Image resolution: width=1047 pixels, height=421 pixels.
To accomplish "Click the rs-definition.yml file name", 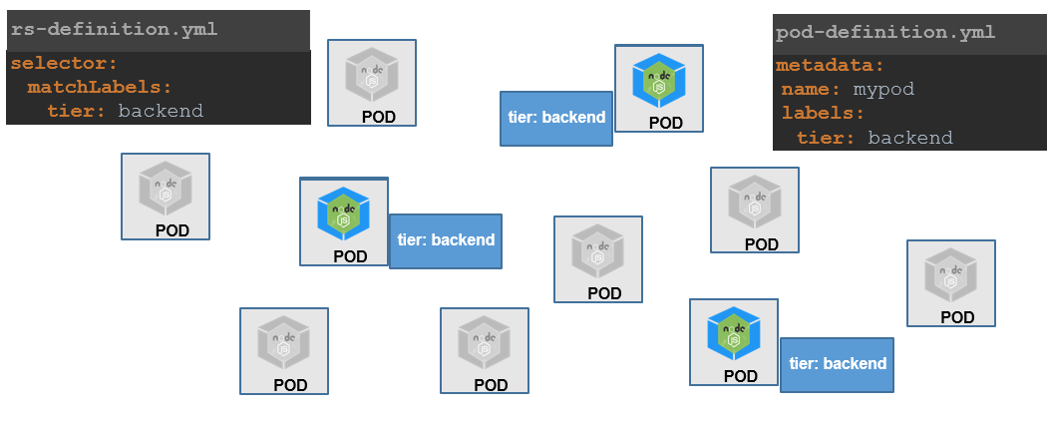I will point(114,30).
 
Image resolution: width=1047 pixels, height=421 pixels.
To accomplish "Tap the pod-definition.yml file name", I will point(884,32).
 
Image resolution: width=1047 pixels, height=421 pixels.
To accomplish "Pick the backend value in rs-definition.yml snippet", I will point(160,111).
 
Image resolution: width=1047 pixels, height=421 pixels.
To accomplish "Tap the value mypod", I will point(883,90).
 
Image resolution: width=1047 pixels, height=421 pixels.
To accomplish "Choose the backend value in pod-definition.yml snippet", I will point(909,138).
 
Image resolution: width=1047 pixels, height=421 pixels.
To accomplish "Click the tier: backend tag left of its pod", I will point(555,118).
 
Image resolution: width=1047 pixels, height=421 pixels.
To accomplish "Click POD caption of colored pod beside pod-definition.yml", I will point(665,124).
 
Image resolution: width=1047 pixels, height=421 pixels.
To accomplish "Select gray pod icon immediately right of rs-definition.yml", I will point(372,75).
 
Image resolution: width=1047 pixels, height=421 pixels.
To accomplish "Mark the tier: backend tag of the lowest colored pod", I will point(837,364).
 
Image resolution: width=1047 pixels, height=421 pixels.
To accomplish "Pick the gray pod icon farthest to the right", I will point(950,275).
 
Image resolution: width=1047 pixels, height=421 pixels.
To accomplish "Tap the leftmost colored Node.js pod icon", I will point(343,212).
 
